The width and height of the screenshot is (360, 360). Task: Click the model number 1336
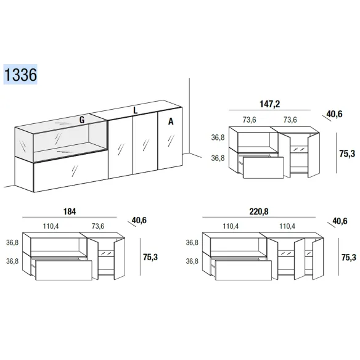click(x=20, y=75)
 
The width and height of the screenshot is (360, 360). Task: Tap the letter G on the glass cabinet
click(x=82, y=120)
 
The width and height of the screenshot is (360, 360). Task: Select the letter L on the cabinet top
click(x=136, y=110)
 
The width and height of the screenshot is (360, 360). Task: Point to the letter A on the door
click(x=171, y=121)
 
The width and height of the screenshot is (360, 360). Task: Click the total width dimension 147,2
click(x=270, y=104)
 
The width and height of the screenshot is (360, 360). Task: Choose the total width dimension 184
click(x=70, y=211)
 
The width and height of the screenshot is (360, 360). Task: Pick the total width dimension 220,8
click(x=259, y=211)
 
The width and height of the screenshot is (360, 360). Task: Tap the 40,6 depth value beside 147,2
click(x=334, y=114)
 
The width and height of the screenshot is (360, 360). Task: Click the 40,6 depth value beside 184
click(x=139, y=220)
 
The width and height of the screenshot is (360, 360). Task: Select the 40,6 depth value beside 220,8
click(x=340, y=221)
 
